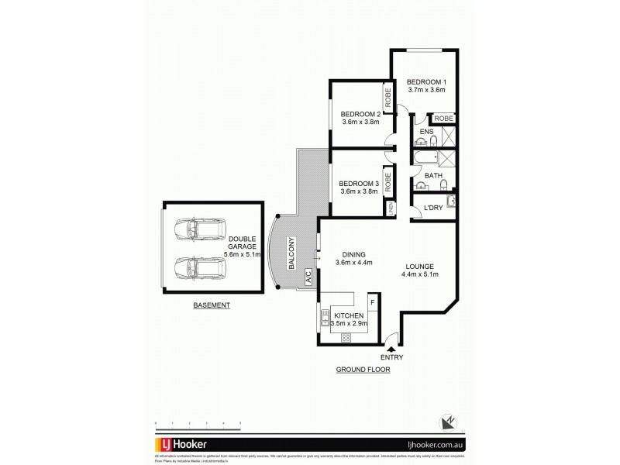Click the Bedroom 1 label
[427, 81]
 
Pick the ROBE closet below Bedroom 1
[443, 118]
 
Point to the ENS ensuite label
[425, 133]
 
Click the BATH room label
[433, 176]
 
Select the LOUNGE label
[419, 264]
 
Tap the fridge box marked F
[372, 301]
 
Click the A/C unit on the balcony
[308, 277]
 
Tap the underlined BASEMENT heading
[212, 306]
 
